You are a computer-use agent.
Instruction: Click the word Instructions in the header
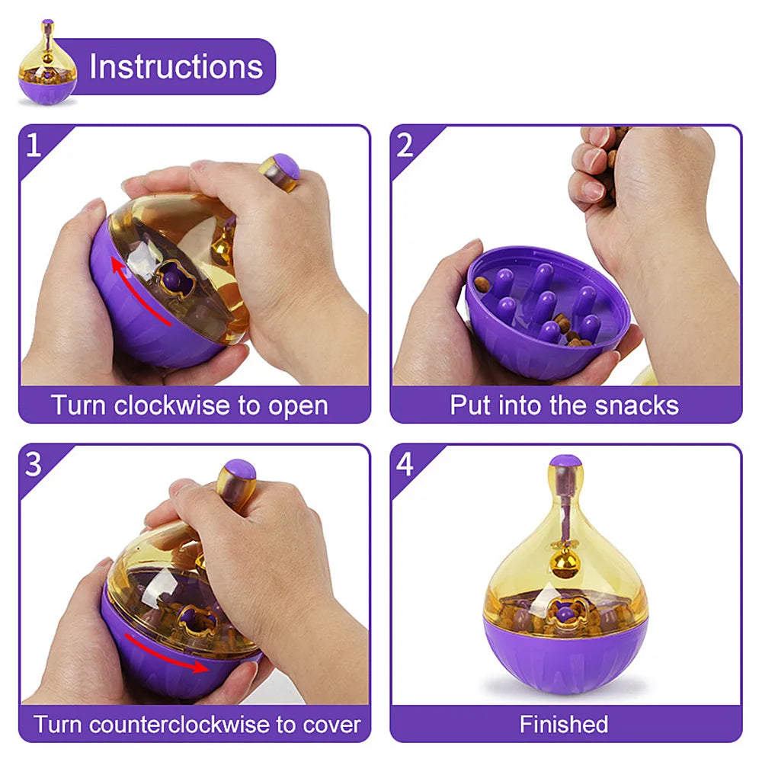click(176, 67)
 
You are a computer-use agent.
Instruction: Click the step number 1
click(34, 144)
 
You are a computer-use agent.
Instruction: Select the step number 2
click(405, 144)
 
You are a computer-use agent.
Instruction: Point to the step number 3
click(34, 463)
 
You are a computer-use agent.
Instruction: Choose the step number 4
click(405, 463)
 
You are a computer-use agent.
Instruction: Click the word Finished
click(564, 723)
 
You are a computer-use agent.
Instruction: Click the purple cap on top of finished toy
click(565, 461)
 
